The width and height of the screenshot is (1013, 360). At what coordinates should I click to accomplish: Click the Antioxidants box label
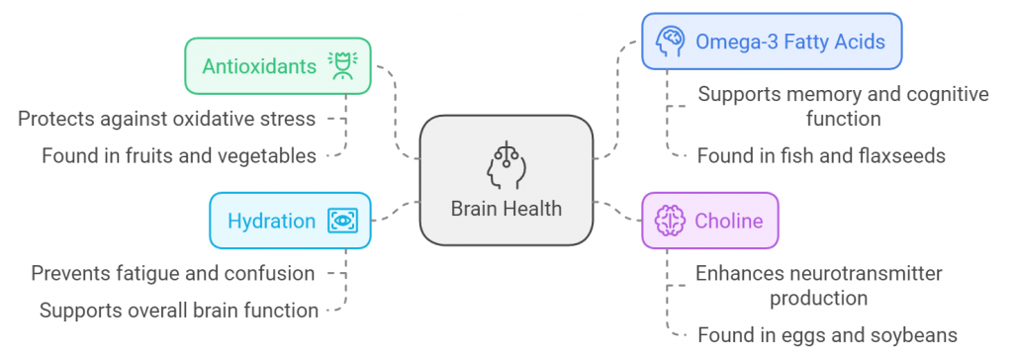pos(259,66)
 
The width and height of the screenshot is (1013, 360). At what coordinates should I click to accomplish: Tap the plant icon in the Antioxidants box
pos(344,66)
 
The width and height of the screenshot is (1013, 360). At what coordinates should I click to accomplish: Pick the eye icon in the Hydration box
pos(342,220)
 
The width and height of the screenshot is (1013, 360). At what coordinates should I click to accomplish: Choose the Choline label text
pos(729,220)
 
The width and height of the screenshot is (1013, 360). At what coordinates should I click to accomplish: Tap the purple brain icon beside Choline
pos(671,220)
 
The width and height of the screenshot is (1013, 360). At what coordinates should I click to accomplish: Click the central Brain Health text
pos(506,208)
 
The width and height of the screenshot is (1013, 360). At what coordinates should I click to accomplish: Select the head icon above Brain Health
pos(506,163)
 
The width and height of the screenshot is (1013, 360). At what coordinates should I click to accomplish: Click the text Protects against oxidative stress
pos(167,119)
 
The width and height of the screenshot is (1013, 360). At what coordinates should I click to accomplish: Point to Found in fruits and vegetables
pos(179,155)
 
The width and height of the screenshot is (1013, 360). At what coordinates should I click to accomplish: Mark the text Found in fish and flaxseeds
pos(821,155)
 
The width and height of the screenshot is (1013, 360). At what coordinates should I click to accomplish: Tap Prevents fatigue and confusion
pos(173,273)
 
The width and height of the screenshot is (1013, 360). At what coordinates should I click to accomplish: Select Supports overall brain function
pos(179,311)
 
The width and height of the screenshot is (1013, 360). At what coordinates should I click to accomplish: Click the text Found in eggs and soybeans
pos(827,334)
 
